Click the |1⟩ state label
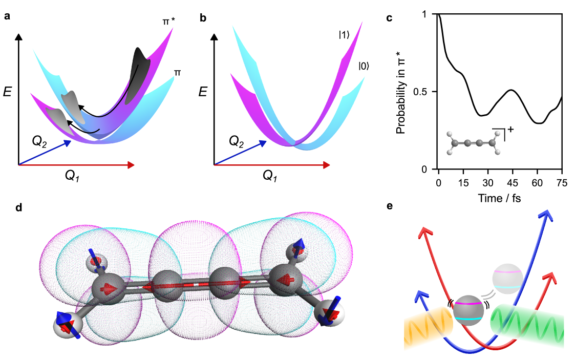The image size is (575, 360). click(x=344, y=35)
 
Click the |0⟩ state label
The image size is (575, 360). click(x=364, y=66)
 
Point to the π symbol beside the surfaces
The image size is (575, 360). click(x=177, y=73)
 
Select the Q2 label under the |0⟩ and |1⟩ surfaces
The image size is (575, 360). click(x=237, y=140)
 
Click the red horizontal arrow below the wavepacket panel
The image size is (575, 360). click(x=77, y=165)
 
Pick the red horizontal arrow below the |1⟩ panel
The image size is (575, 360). click(x=272, y=165)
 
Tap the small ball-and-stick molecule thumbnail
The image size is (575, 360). click(x=473, y=146)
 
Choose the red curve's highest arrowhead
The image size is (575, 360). click(x=424, y=233)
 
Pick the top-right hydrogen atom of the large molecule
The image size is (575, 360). click(x=297, y=250)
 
